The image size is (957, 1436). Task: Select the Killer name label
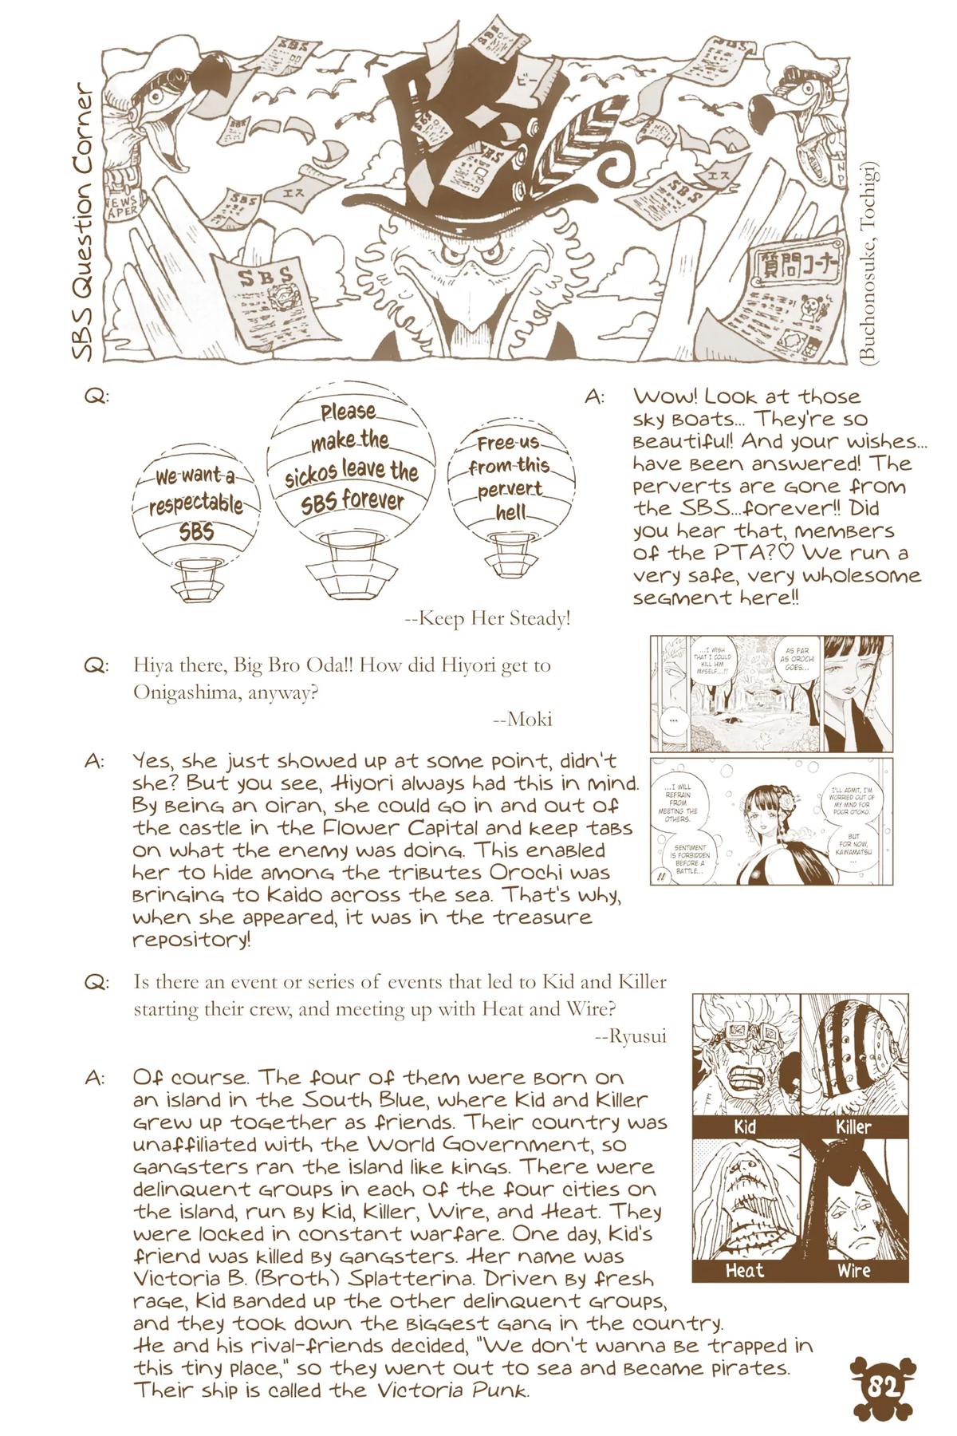tap(853, 1126)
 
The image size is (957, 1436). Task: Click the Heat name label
tap(745, 1269)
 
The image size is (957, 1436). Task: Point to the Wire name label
tap(853, 1269)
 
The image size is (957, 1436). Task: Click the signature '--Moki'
tap(522, 719)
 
